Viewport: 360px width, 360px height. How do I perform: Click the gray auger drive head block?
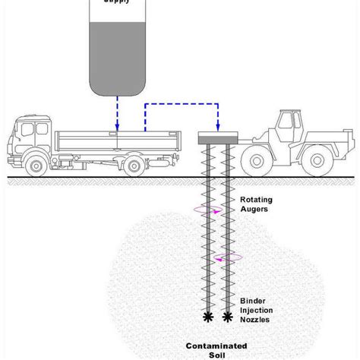coord(217,140)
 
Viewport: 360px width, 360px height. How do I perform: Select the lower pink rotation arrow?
coord(226,257)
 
